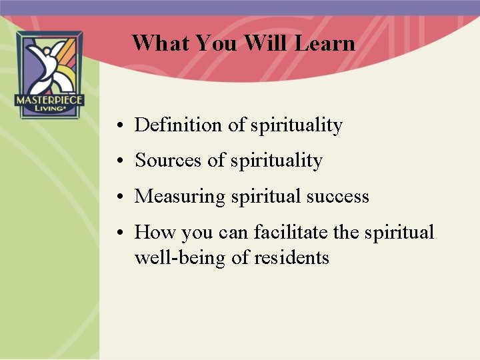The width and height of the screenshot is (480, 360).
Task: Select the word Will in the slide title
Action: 265,43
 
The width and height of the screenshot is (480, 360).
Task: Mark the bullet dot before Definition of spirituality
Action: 117,126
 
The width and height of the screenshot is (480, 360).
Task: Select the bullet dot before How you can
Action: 117,233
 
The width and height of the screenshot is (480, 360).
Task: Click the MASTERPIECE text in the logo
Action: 49,101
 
